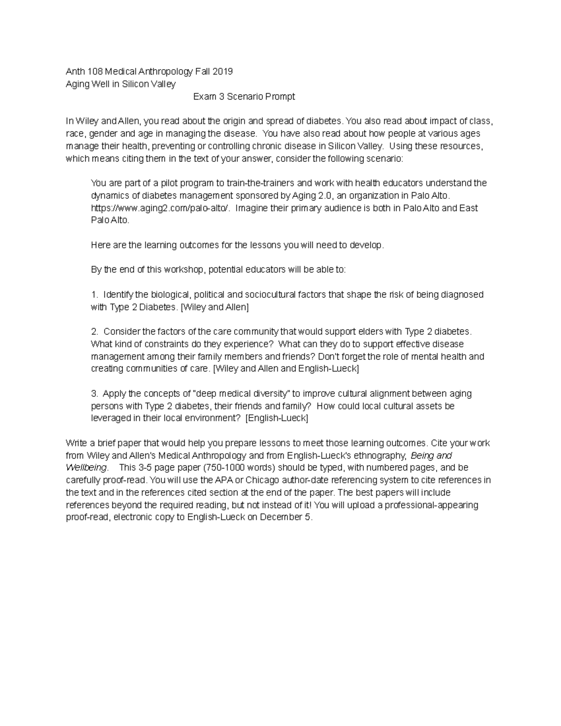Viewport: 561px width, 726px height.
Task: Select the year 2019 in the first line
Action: click(222, 72)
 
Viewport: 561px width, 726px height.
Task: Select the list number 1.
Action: click(94, 295)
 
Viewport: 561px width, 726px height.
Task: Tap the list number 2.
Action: click(94, 331)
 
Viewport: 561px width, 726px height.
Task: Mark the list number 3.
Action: click(94, 394)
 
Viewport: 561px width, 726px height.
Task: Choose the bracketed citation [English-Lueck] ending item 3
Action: click(277, 418)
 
